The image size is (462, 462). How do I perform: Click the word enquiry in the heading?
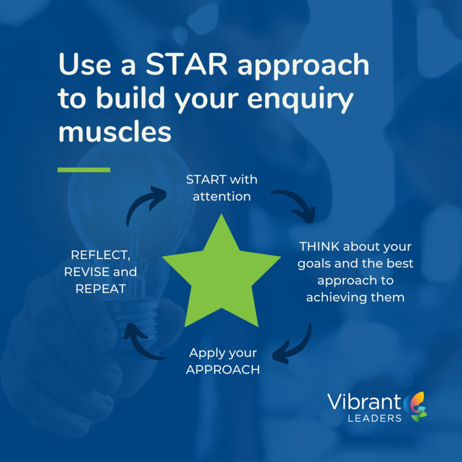pyautogui.click(x=300, y=99)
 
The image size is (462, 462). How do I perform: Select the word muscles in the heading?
pyautogui.click(x=115, y=132)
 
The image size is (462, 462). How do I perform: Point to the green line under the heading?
pyautogui.click(x=84, y=170)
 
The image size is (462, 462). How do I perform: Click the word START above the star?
pyautogui.click(x=206, y=180)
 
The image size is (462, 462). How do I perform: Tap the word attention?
pyautogui.click(x=222, y=197)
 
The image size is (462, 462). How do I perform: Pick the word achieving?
pyautogui.click(x=337, y=298)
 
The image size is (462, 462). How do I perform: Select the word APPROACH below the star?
pyautogui.click(x=223, y=370)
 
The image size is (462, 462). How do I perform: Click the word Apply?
pyautogui.click(x=206, y=353)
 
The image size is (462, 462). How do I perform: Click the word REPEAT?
pyautogui.click(x=101, y=289)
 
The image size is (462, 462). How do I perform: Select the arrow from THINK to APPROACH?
pyautogui.click(x=298, y=348)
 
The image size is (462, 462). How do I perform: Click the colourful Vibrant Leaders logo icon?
pyautogui.click(x=416, y=407)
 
